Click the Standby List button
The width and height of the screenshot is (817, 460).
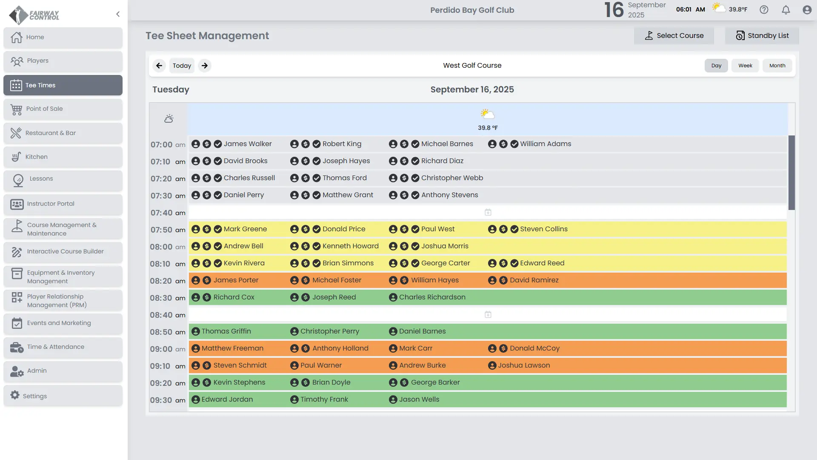[x=762, y=36]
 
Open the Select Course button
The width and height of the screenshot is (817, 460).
[x=674, y=36]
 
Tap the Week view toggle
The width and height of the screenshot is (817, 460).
[x=745, y=66]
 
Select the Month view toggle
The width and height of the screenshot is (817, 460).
[x=777, y=66]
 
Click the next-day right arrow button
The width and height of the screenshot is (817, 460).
[x=205, y=66]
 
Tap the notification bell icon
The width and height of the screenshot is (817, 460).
[x=786, y=10]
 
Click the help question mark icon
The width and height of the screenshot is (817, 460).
[x=764, y=10]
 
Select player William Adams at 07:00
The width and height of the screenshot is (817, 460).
[x=545, y=144]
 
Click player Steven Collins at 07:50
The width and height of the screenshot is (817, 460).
[x=543, y=229]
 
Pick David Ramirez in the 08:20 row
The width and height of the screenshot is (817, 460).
[x=534, y=280]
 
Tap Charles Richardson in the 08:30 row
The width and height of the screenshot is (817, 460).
[x=432, y=297]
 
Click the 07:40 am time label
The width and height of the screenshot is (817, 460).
[x=168, y=213]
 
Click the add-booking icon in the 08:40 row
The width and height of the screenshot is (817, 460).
[x=488, y=315]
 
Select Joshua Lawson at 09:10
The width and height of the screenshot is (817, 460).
[x=523, y=365]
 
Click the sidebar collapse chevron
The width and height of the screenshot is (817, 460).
[x=118, y=14]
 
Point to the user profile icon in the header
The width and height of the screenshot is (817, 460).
[x=807, y=10]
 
